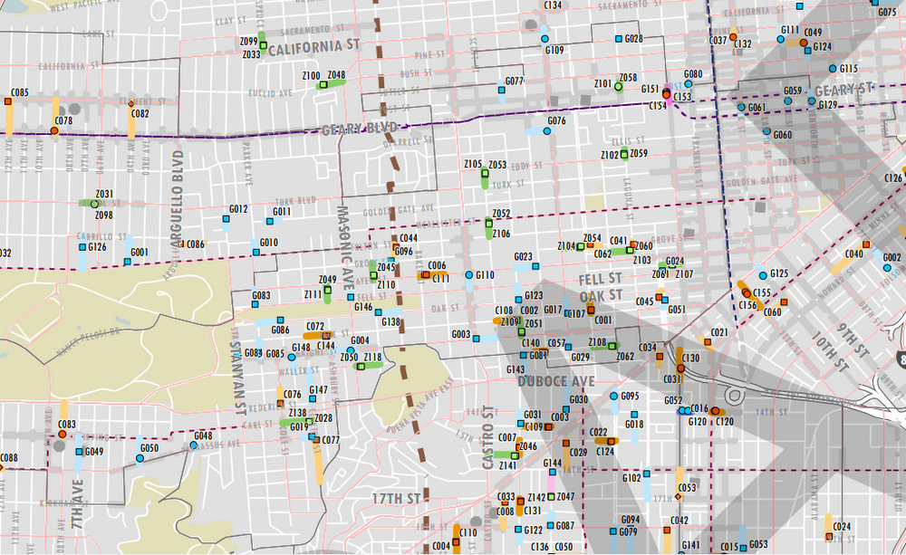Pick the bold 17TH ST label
[396, 499]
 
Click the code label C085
[19, 93]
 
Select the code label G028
[633, 39]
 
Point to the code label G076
[557, 120]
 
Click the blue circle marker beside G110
[468, 274]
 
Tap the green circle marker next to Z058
[618, 87]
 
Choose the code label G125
[779, 273]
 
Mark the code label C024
[841, 526]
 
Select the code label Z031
[104, 194]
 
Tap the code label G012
[238, 209]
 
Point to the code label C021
[718, 332]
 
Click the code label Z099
[249, 42]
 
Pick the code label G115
[849, 69]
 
